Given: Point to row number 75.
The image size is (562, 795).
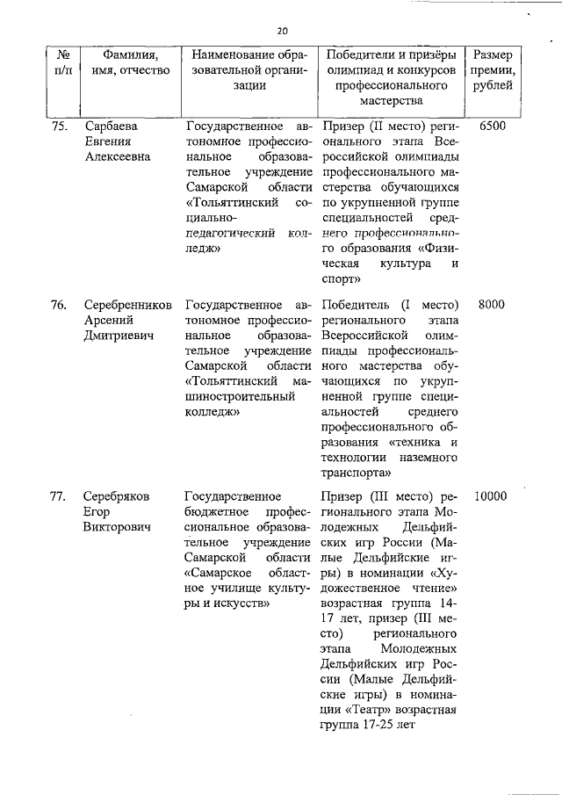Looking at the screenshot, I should (x=58, y=126).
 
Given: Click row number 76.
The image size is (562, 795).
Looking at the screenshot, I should (x=58, y=305).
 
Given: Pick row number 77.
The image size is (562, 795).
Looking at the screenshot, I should (x=58, y=496).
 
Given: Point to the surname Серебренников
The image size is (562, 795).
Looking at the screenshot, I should (x=126, y=305).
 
